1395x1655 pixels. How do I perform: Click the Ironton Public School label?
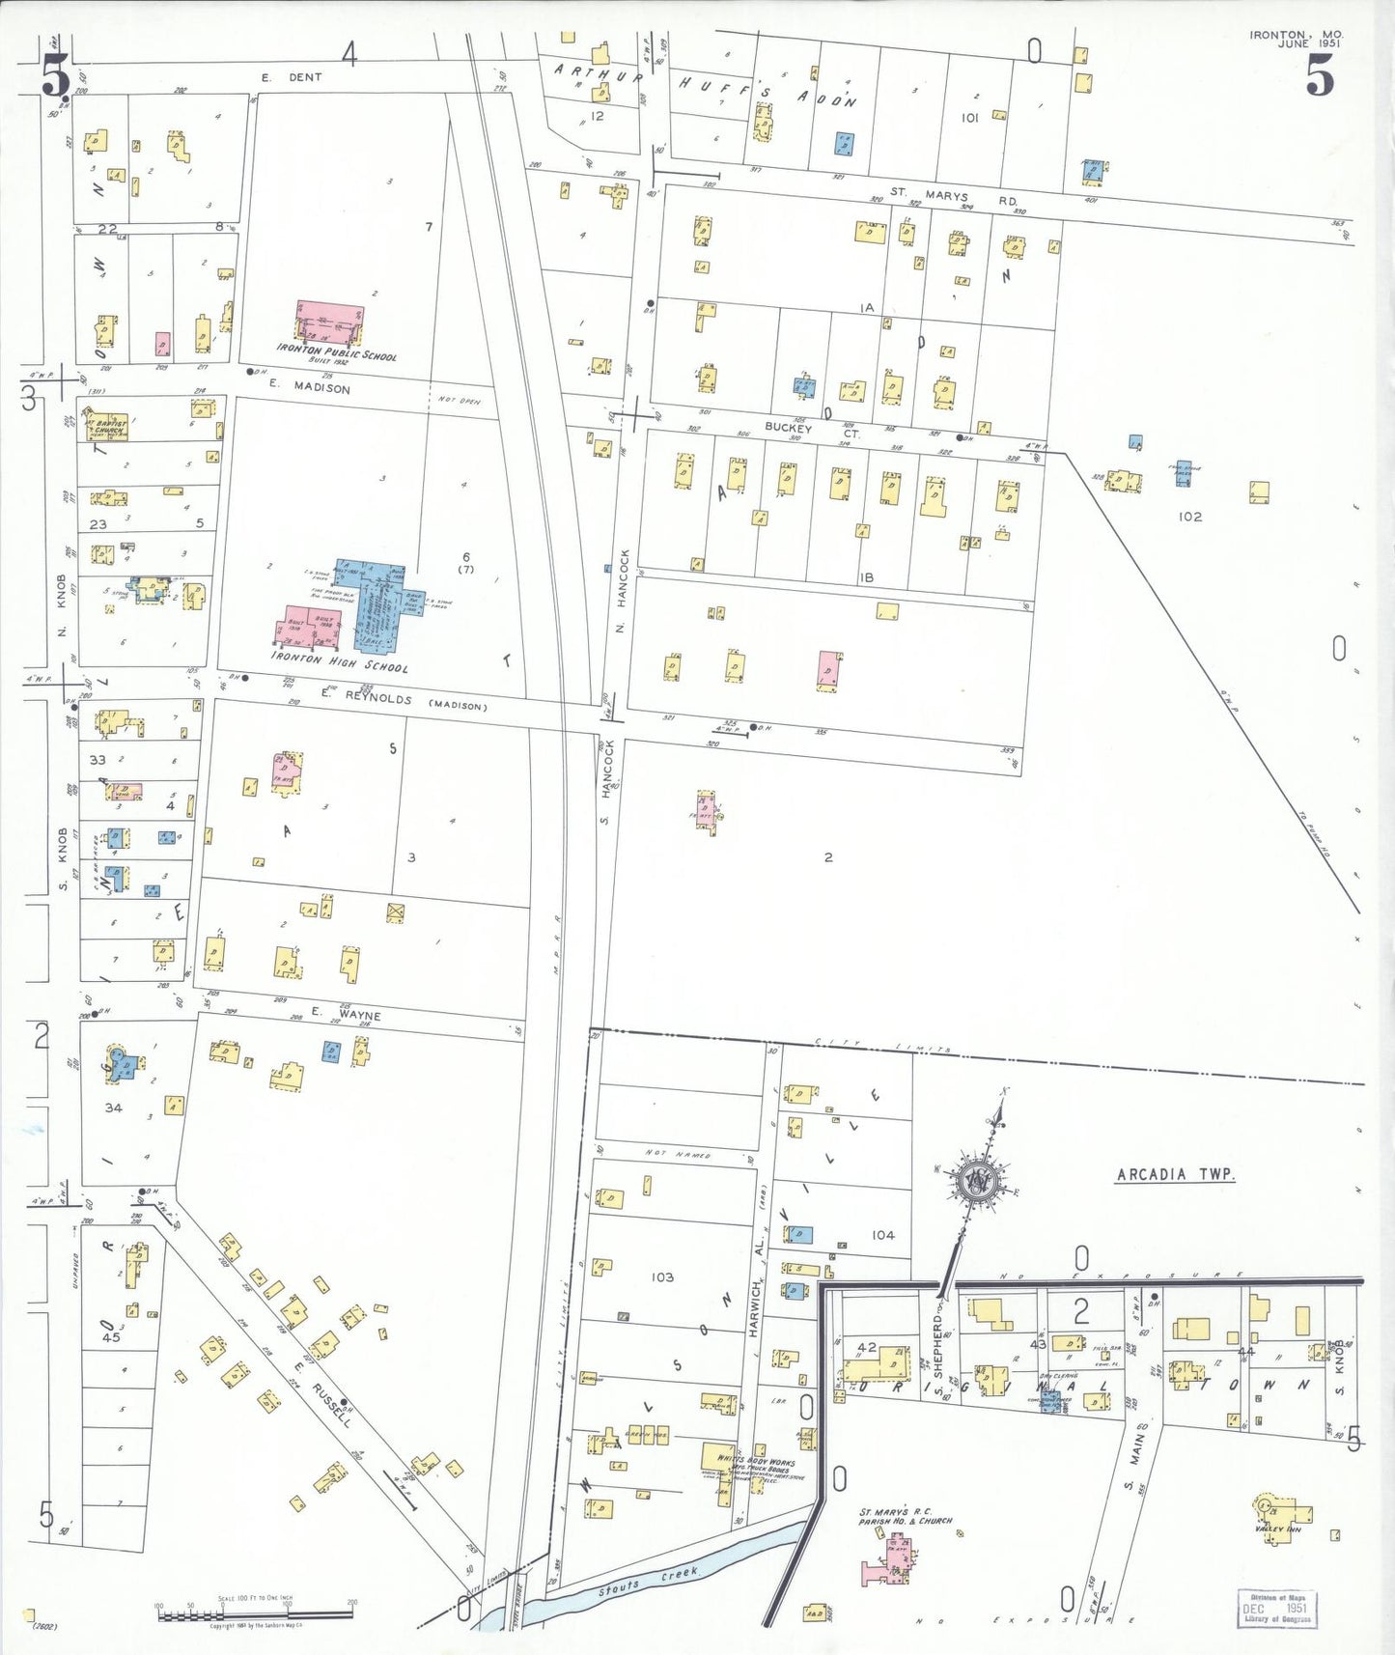pos(336,352)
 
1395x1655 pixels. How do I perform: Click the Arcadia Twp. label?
pos(1175,1174)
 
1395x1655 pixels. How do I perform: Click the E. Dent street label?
pos(292,77)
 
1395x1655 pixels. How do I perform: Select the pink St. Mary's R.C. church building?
pos(894,1558)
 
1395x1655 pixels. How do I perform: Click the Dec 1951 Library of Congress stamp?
pos(1276,1608)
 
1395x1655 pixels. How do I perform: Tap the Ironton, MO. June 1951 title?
pos(1296,39)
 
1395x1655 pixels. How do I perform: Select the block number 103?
pos(662,1276)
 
